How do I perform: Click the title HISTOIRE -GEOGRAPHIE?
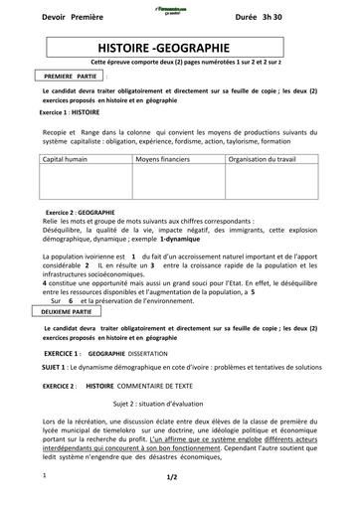[178, 47]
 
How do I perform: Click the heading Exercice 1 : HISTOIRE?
[77, 113]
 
